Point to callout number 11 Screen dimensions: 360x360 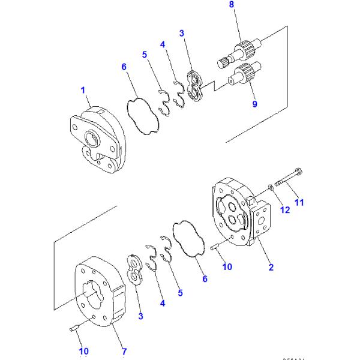click(x=299, y=202)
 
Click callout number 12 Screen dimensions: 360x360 click(x=285, y=209)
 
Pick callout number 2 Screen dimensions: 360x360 click(x=271, y=268)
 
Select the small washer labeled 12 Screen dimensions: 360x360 click(x=271, y=191)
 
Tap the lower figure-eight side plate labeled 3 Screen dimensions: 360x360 click(x=134, y=271)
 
